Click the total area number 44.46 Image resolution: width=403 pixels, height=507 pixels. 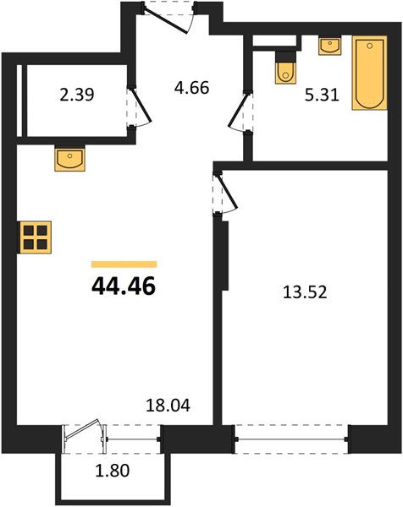coord(124,286)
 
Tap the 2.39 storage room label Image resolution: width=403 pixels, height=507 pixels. coord(77,95)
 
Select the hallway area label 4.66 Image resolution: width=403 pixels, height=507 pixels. coord(192,88)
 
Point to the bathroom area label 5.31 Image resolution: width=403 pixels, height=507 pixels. coord(322,95)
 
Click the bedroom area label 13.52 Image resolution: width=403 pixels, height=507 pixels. coord(305,292)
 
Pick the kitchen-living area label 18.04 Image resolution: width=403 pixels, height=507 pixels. coord(168,406)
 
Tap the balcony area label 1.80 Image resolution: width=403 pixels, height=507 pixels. coord(113,471)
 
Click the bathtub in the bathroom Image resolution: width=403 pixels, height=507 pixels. coord(370,73)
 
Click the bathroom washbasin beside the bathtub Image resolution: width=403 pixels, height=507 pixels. coord(330,46)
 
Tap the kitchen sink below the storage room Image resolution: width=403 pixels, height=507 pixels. coord(69,158)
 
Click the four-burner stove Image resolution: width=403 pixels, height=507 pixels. coord(35,237)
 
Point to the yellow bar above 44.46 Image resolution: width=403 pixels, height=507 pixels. coord(124,264)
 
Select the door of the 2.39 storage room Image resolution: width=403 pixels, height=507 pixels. coord(139,107)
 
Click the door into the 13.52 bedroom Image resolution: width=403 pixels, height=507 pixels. coord(225,194)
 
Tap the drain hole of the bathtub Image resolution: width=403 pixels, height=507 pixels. coord(370,46)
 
